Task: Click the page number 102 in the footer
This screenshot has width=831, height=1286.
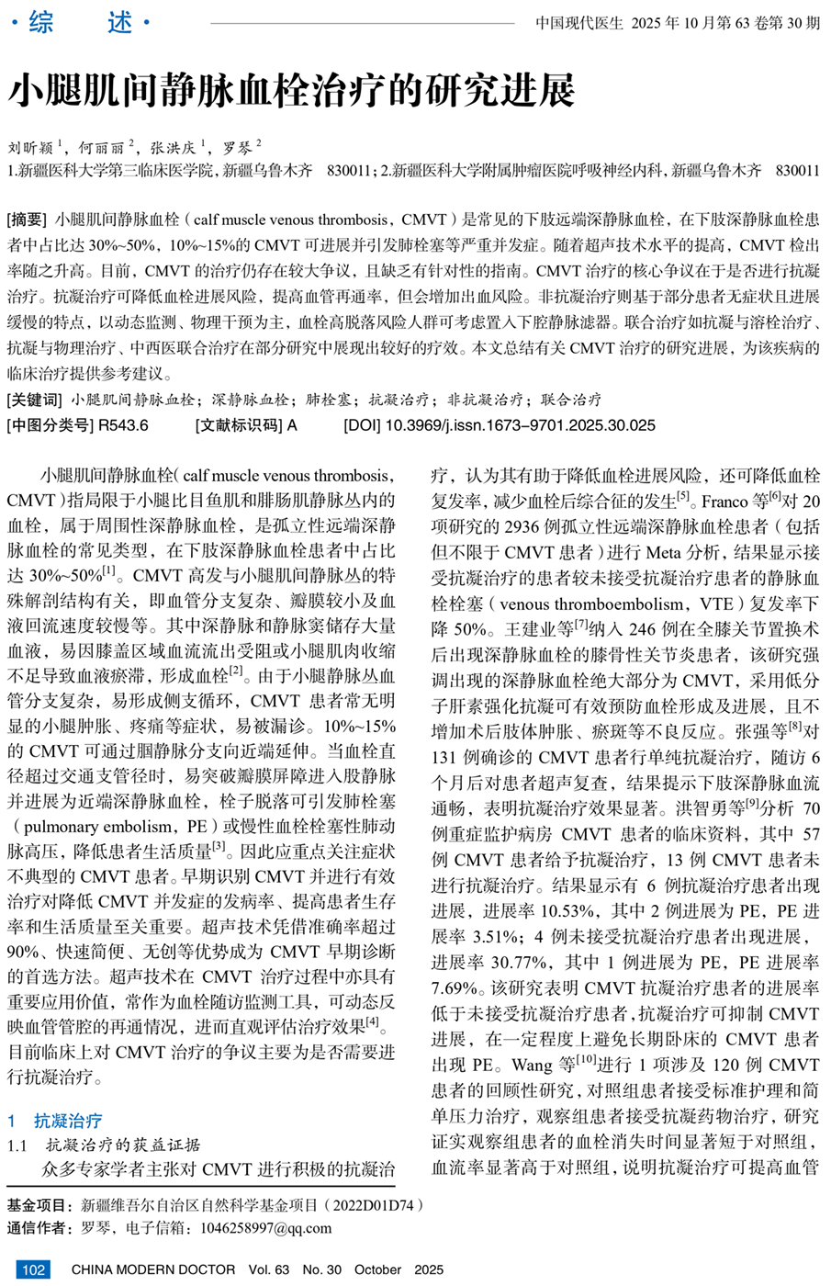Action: (x=33, y=1269)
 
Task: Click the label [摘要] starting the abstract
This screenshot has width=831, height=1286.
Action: (x=27, y=220)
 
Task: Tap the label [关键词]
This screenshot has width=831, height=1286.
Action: (x=34, y=400)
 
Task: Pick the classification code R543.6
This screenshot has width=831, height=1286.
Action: (x=123, y=425)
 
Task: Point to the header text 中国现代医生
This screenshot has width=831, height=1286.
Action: (x=579, y=23)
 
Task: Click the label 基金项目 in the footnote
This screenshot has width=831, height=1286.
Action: (x=39, y=1205)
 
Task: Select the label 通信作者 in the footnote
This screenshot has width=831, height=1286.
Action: (x=39, y=1228)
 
